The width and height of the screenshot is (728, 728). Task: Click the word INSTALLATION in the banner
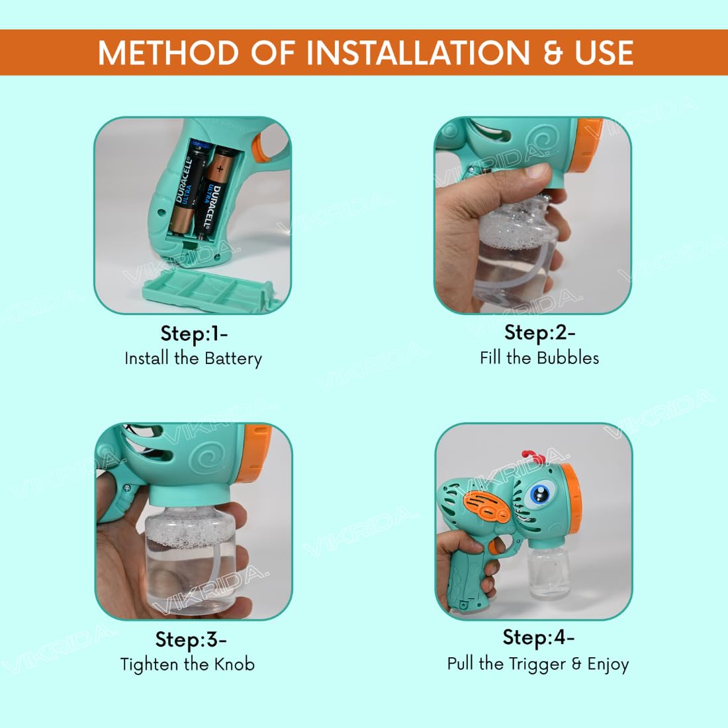pos(418,52)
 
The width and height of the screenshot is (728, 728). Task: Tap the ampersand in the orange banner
pos(553,52)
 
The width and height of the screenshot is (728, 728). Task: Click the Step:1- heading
pos(194,334)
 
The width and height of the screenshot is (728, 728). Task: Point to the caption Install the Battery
pos(193,359)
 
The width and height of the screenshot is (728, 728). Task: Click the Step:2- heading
pos(540,333)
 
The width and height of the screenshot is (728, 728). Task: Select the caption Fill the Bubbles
pos(539,357)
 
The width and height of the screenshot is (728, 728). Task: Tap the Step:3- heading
pos(191,640)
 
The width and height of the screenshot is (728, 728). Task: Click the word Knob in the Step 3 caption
pos(234,664)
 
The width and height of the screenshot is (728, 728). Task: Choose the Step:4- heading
pos(539,637)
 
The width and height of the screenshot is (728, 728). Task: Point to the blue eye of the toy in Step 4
pos(539,494)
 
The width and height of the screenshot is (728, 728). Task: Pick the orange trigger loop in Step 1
pos(265,144)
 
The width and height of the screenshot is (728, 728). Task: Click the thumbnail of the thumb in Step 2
pos(537,170)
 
